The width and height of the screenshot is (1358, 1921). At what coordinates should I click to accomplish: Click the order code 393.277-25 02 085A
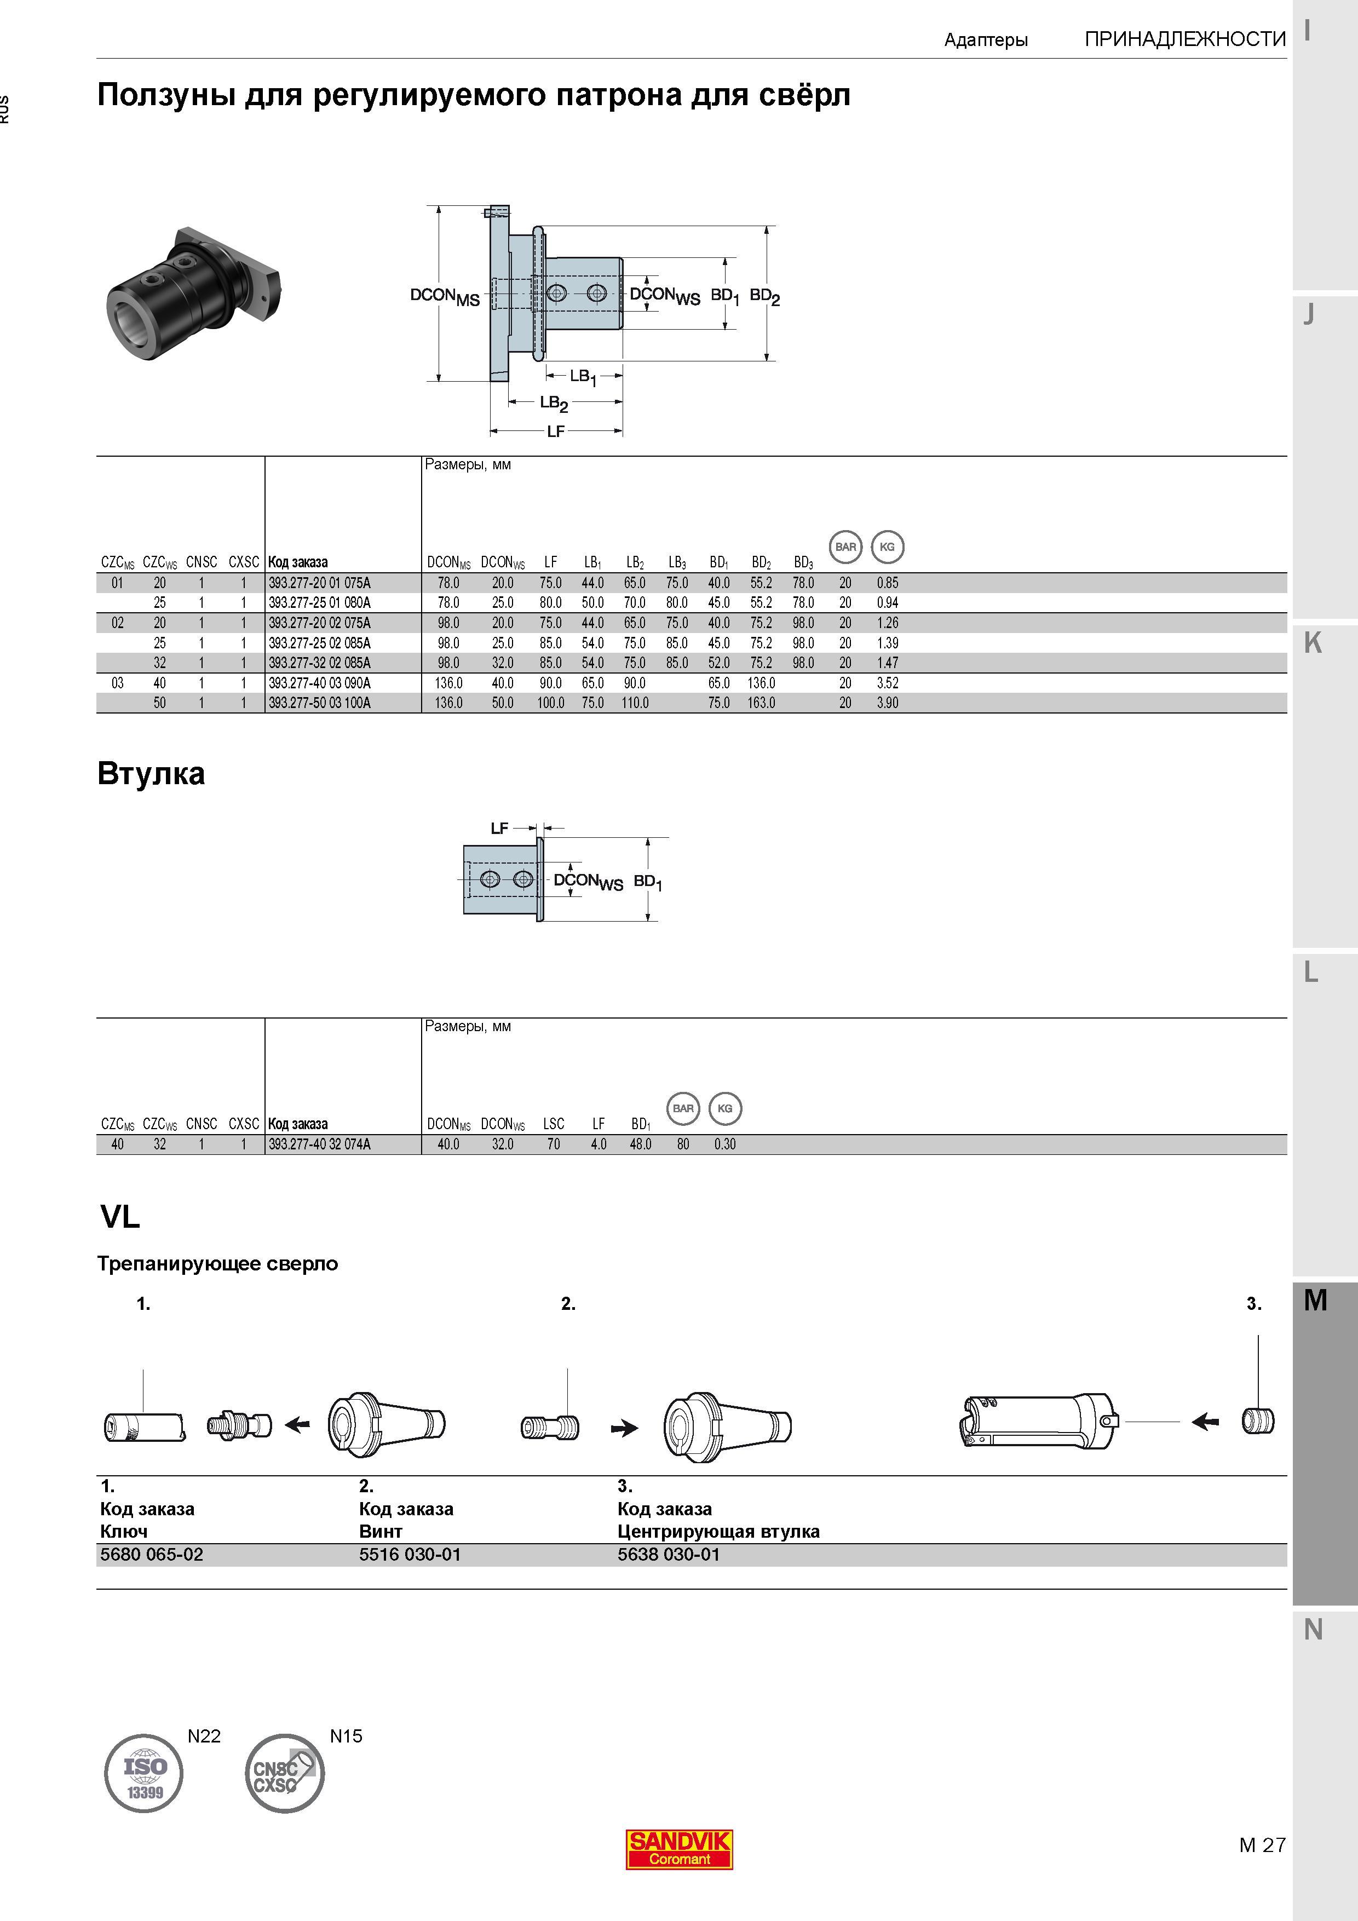pyautogui.click(x=320, y=642)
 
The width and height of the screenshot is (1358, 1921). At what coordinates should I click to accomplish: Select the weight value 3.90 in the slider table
pyautogui.click(x=887, y=703)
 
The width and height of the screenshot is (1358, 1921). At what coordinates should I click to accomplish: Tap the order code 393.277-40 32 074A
pyautogui.click(x=320, y=1144)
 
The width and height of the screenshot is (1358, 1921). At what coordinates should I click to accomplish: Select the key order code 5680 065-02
pyautogui.click(x=152, y=1555)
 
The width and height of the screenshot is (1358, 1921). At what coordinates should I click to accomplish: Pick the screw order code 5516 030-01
pyautogui.click(x=410, y=1555)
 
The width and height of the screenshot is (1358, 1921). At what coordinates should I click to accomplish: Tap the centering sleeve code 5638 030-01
pyautogui.click(x=669, y=1555)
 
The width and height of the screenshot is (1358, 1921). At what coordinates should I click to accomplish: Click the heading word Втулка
pyautogui.click(x=151, y=773)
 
